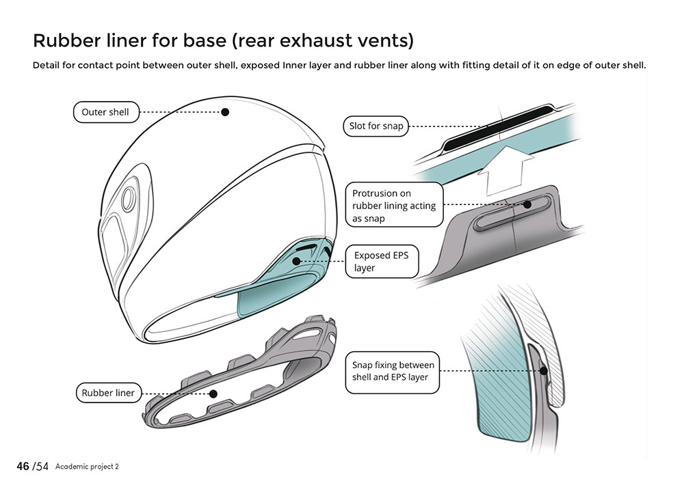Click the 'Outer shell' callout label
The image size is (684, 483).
click(105, 112)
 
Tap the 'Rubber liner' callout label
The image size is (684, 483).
click(108, 393)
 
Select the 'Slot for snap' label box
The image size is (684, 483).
click(376, 126)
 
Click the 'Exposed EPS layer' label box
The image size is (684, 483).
click(383, 262)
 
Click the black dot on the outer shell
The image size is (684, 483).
click(224, 112)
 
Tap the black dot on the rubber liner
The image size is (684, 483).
click(213, 394)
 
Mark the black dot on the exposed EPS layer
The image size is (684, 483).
click(296, 261)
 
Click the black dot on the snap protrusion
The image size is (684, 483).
click(527, 204)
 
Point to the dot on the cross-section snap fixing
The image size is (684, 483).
click(544, 371)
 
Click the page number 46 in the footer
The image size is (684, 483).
click(23, 467)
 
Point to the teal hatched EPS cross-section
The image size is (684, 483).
click(499, 383)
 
